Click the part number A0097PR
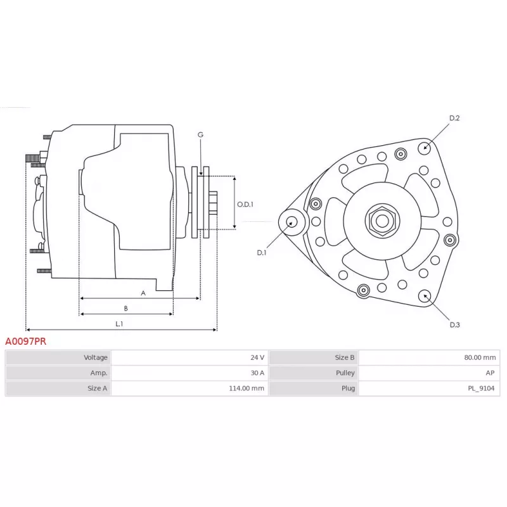point(26,341)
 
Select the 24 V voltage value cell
point(257,357)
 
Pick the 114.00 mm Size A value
point(248,388)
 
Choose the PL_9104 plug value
point(482,388)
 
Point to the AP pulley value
point(489,373)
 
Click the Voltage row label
point(96,357)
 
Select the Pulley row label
point(345,373)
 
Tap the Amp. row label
point(99,373)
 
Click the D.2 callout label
point(454,118)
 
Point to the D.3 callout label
point(454,324)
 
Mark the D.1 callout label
point(262,253)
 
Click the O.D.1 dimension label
point(245,205)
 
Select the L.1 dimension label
point(119,324)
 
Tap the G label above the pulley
point(200,135)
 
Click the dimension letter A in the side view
point(143,293)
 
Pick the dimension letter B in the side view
point(126,309)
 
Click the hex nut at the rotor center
point(382,221)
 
